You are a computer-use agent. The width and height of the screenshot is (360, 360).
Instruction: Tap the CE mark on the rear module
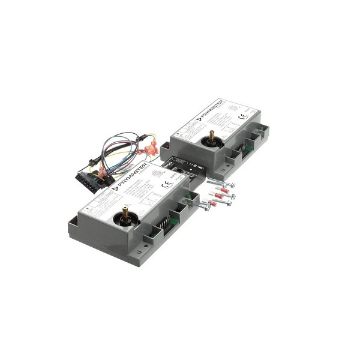tap(243, 118)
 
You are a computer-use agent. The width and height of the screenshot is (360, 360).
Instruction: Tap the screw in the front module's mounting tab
tap(205, 207)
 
